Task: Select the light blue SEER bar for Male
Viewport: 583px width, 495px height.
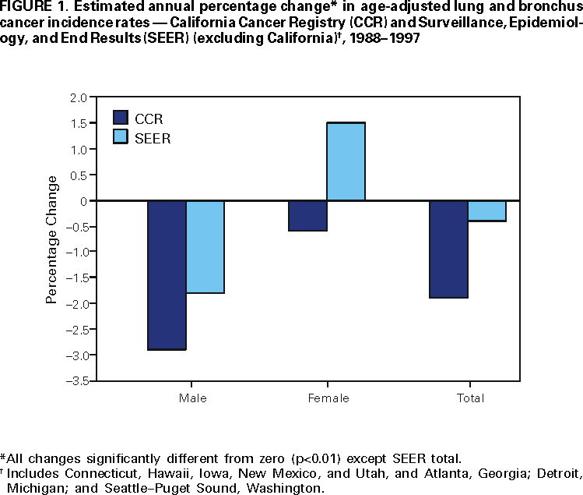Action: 205,246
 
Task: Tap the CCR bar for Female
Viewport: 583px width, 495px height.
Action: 307,216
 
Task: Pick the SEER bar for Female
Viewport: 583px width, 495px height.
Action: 346,161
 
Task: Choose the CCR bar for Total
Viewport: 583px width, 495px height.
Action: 448,249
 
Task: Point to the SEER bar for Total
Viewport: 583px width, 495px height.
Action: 487,210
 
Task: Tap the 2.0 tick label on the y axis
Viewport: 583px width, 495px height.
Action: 78,98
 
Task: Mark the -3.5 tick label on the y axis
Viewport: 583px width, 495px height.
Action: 76,380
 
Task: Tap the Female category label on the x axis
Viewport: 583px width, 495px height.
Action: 328,398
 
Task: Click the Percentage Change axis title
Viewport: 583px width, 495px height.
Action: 51,239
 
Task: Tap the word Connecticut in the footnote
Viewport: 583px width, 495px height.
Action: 93,473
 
